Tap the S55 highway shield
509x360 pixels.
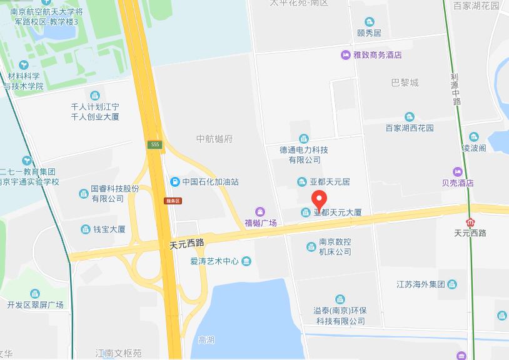155,145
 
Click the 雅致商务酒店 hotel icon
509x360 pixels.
345,55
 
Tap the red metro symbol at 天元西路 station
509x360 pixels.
470,222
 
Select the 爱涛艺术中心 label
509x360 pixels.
215,261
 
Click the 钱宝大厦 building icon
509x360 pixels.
84,229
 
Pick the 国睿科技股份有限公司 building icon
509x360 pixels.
83,194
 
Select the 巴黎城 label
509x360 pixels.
405,82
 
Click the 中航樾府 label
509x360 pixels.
214,139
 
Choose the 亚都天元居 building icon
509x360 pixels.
303,182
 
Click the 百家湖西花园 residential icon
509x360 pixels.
409,117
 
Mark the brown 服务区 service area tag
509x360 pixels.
173,201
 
